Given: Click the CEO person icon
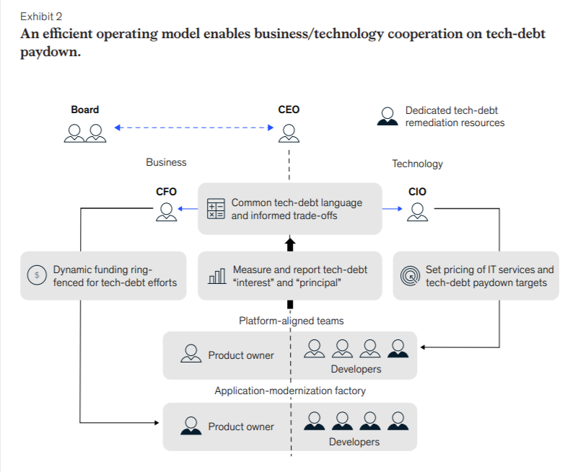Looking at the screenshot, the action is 289,133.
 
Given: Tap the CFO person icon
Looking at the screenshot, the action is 167,212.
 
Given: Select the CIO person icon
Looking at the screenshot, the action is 417,212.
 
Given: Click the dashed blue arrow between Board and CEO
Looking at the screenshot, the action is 194,128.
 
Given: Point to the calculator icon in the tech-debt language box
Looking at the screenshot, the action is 216,209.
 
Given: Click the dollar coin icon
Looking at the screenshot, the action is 37,275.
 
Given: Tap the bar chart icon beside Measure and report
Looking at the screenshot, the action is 217,276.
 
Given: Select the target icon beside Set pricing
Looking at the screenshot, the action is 410,275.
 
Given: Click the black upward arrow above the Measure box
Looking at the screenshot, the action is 290,244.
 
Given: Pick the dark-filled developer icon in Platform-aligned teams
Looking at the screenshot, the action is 398,348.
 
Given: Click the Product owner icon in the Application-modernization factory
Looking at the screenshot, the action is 191,425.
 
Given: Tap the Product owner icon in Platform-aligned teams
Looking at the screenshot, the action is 191,353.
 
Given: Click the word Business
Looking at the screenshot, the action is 166,162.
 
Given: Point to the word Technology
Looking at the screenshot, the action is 417,164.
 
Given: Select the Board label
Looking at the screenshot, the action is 84,110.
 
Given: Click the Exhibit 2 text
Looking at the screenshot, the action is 41,17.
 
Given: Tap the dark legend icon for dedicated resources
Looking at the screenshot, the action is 387,117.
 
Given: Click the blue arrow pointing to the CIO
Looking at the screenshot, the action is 392,209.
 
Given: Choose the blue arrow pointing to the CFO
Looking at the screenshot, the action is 188,209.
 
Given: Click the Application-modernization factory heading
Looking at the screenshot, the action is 290,391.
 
